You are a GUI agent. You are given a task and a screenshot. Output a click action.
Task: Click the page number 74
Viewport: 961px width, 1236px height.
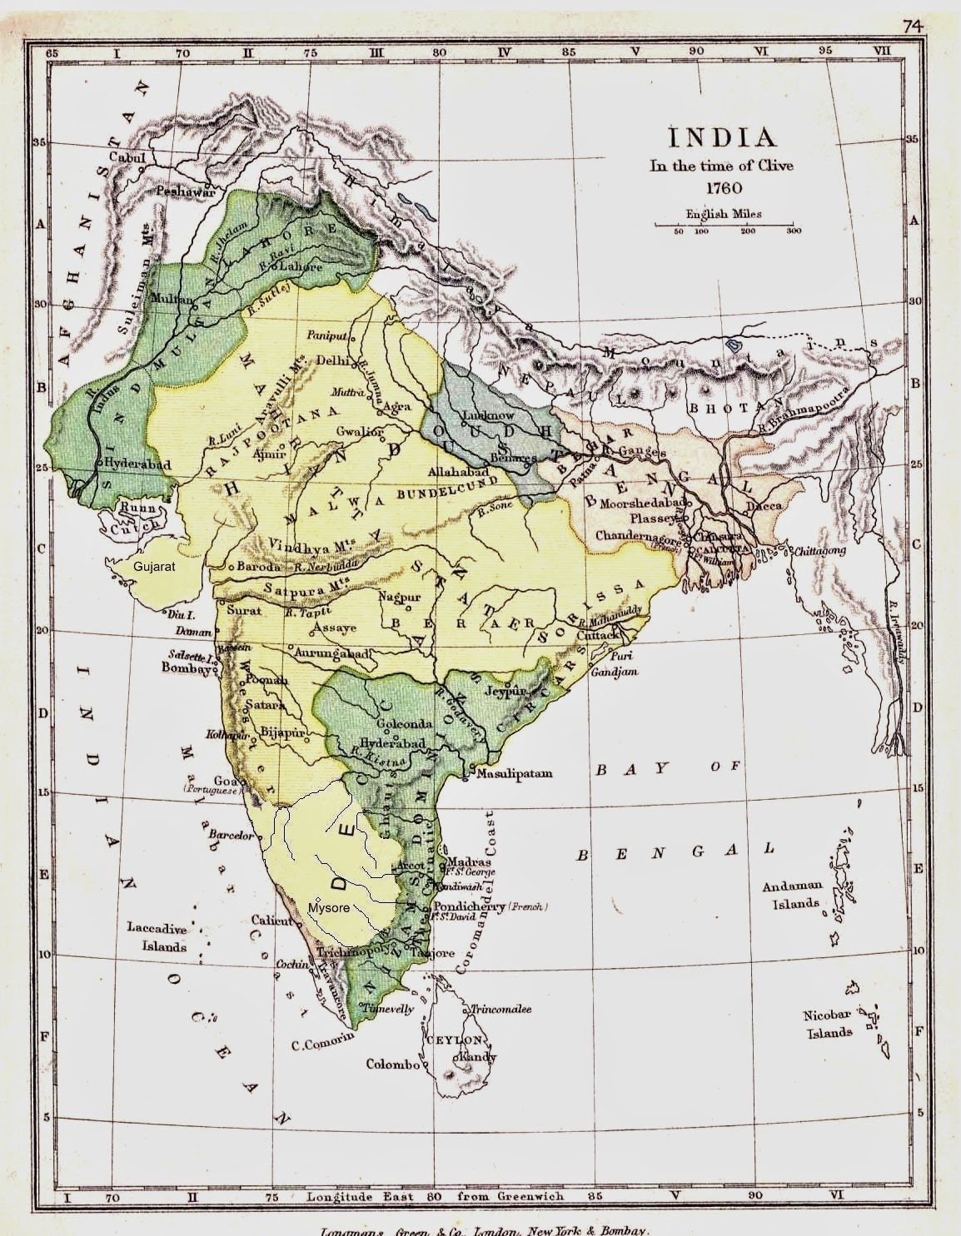[x=914, y=26]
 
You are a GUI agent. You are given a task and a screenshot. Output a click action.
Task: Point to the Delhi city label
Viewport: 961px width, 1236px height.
[x=332, y=360]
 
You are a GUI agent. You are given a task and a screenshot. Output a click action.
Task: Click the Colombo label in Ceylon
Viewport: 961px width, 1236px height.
[x=392, y=1064]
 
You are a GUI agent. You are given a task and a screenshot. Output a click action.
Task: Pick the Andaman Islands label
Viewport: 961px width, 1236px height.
[x=792, y=895]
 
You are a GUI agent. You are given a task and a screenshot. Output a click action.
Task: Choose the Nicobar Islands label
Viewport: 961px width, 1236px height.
[x=828, y=1024]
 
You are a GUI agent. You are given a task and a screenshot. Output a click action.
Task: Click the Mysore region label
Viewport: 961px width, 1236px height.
[x=328, y=907]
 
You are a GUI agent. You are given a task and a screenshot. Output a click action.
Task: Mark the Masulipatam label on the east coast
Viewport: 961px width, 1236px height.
[x=514, y=773]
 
